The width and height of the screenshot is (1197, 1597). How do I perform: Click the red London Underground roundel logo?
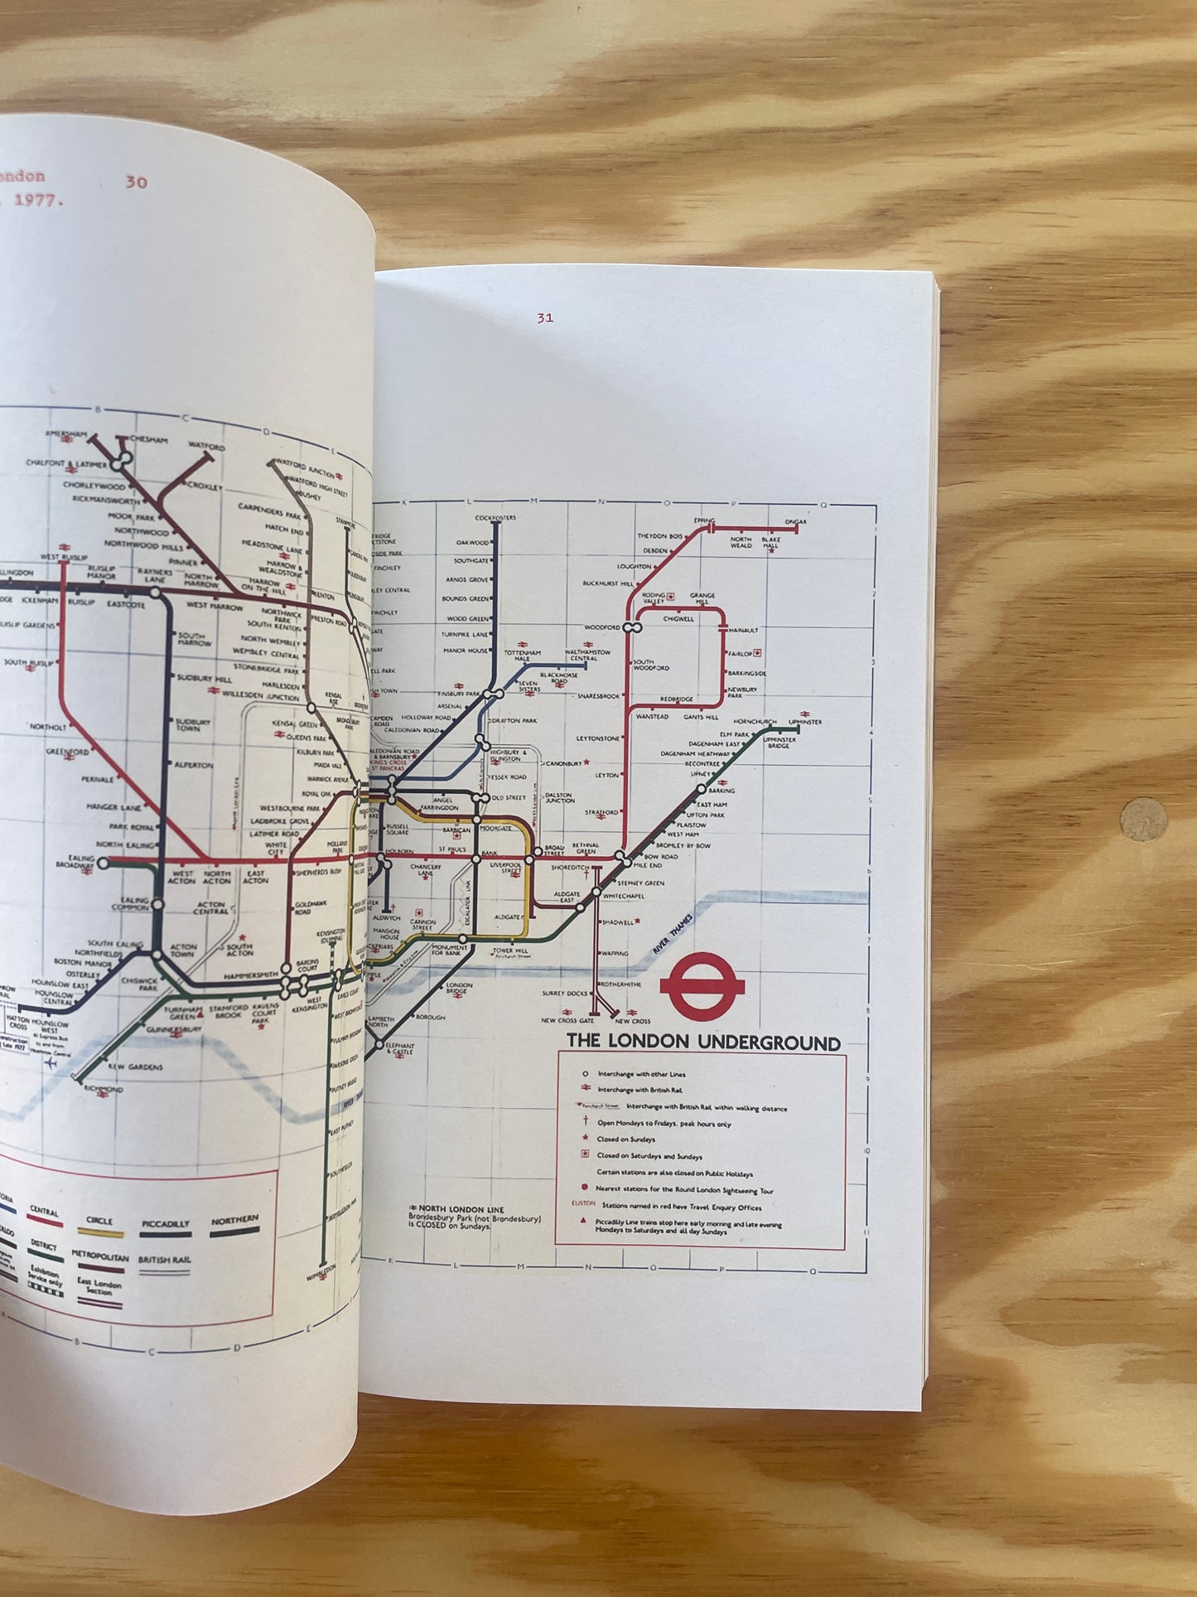[702, 985]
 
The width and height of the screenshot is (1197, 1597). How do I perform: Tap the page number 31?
[544, 317]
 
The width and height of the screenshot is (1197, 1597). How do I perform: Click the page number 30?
[136, 181]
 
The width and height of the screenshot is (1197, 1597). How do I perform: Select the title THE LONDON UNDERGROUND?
[702, 1043]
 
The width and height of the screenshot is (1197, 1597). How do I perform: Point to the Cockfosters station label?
[495, 518]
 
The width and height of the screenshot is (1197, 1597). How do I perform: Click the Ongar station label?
[795, 522]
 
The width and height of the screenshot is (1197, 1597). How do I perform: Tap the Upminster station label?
[805, 722]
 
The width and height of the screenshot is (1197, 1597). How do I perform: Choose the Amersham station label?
[67, 433]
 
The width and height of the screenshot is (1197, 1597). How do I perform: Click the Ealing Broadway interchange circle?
[104, 863]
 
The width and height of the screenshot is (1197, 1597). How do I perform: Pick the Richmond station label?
[103, 1089]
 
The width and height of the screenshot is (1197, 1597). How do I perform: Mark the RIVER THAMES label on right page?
[669, 941]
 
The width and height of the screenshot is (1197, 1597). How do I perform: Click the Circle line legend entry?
[99, 1222]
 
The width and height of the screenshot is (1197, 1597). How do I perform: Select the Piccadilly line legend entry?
[165, 1224]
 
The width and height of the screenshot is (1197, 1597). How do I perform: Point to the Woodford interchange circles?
[631, 627]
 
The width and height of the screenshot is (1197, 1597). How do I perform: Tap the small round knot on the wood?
[1143, 820]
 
